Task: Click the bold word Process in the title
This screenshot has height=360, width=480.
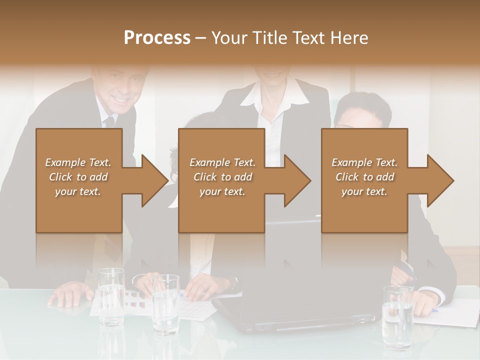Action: click(x=157, y=38)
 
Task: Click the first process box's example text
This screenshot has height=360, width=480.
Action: click(x=78, y=177)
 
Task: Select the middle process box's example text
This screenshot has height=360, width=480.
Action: click(x=222, y=177)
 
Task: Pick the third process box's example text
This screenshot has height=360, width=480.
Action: click(x=364, y=177)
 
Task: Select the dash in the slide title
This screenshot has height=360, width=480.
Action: click(x=200, y=38)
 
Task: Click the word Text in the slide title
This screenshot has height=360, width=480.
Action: click(x=310, y=38)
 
